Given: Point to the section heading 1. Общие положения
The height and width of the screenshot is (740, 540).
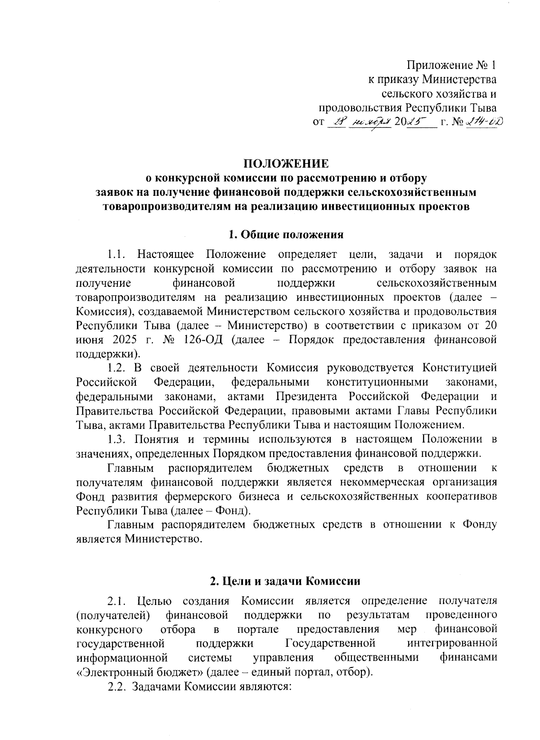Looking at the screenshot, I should (x=286, y=235).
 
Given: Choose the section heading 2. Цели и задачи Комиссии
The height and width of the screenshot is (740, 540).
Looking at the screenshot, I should (x=286, y=581).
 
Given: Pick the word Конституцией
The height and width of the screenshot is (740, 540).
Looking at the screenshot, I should (x=459, y=367).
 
